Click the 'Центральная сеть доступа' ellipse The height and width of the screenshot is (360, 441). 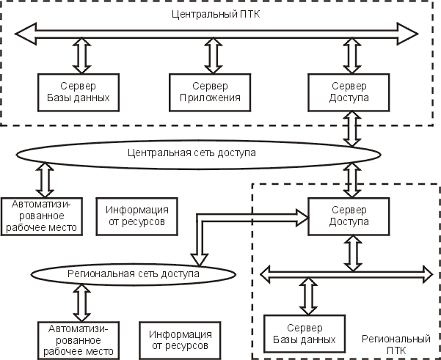[x=198, y=153]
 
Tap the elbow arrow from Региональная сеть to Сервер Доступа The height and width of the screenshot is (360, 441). [x=220, y=216]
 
